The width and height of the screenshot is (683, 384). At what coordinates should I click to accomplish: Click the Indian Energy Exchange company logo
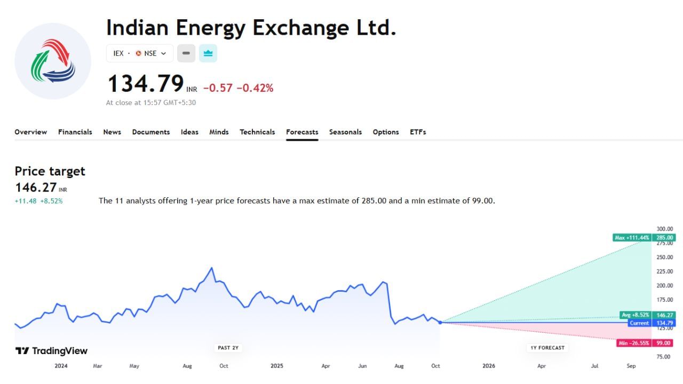(53, 61)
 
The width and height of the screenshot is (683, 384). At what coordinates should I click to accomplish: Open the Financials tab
(75, 132)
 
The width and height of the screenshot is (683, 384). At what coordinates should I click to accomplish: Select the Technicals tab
(257, 132)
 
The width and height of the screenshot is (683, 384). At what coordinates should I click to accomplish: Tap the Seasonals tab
(345, 132)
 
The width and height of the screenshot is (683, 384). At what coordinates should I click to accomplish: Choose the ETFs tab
(418, 132)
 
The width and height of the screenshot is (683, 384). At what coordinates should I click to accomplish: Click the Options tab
(386, 132)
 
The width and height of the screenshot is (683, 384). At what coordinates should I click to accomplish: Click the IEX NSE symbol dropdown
(140, 53)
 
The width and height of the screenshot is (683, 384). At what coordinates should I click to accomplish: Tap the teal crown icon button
(208, 53)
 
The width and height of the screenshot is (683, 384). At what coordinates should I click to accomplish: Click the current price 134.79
(146, 84)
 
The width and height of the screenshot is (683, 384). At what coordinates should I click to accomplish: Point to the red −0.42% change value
(255, 88)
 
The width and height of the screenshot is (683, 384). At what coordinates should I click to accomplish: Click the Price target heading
(50, 171)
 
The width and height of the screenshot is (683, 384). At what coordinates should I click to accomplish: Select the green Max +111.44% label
(632, 237)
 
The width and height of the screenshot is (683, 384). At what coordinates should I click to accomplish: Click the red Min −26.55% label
(634, 343)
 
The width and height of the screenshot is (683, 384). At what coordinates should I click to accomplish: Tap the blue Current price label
(639, 323)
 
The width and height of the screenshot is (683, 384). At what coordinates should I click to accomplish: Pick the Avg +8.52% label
(636, 315)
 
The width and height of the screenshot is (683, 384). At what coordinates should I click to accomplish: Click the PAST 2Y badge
(228, 348)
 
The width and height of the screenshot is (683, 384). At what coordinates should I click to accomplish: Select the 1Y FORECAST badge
(547, 348)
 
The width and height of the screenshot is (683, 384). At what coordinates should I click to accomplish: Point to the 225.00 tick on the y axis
(664, 271)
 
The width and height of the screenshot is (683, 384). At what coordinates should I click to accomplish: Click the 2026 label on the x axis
(488, 366)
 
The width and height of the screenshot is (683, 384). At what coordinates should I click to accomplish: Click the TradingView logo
(51, 350)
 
